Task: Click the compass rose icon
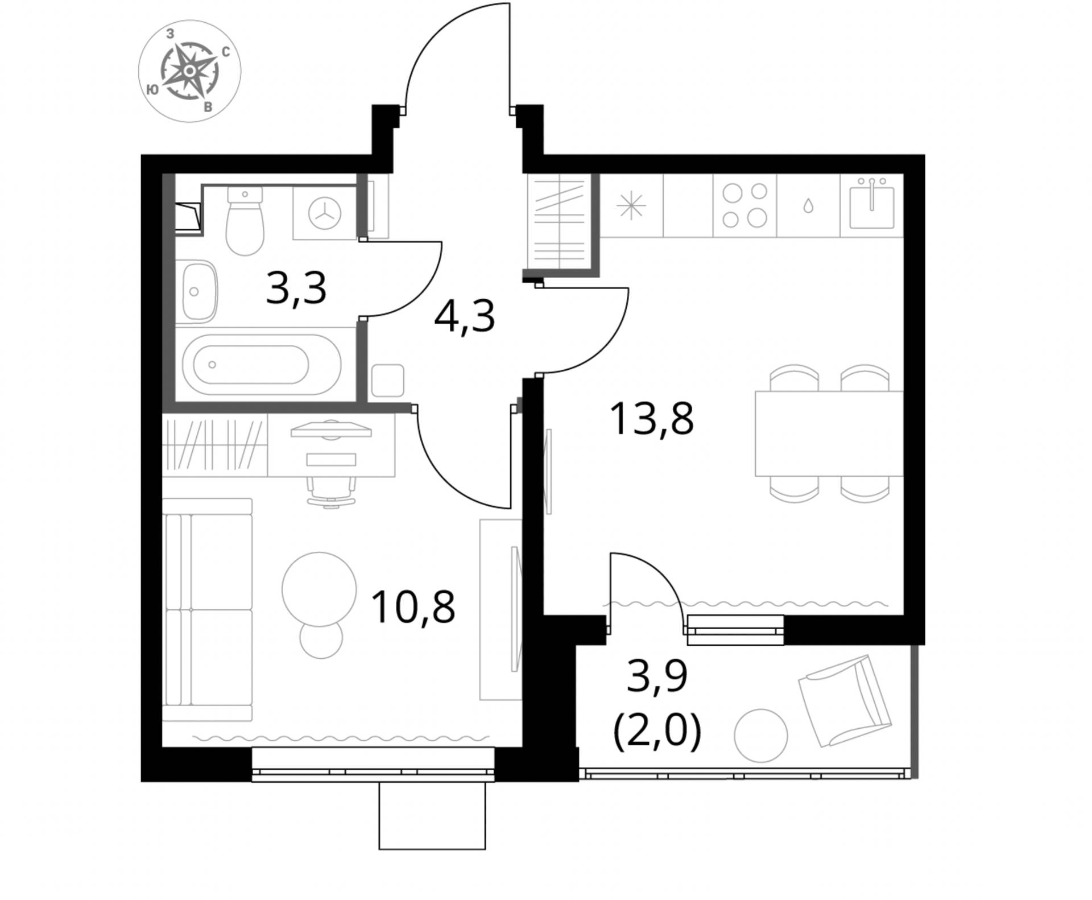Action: (189, 71)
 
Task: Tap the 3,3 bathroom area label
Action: (296, 288)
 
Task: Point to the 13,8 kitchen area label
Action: (651, 419)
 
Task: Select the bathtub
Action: (261, 364)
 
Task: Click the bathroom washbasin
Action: (200, 291)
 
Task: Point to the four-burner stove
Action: (744, 205)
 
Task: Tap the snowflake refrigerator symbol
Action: (631, 205)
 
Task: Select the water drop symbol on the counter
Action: (808, 205)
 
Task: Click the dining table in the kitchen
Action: (829, 433)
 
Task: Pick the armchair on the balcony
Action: (845, 700)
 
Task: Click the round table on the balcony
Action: (760, 736)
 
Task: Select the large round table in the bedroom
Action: (319, 589)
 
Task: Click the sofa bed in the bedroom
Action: (207, 610)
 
